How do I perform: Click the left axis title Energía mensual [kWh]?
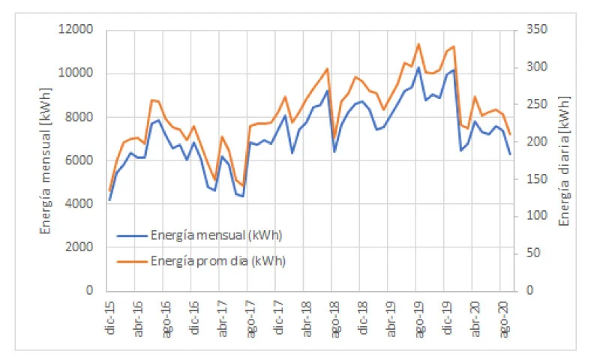click(x=46, y=160)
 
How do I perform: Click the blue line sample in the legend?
click(x=132, y=235)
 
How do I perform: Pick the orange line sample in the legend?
click(x=132, y=261)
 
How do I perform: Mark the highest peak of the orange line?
click(x=418, y=44)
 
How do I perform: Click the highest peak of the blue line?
click(x=418, y=67)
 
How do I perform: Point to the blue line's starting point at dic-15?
click(x=109, y=199)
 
